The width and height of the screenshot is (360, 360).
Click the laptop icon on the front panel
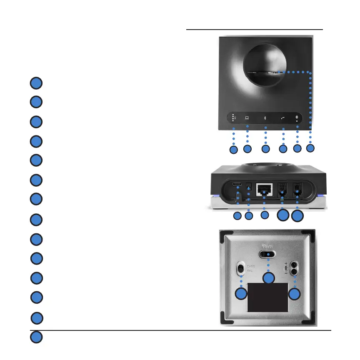[247, 118]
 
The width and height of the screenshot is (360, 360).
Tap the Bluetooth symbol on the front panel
[265, 118]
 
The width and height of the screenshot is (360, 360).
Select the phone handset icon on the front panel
[283, 118]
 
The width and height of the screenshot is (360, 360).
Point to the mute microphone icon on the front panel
[297, 117]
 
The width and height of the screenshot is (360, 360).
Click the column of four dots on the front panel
[233, 118]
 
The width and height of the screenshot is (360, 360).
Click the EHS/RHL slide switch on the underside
[241, 268]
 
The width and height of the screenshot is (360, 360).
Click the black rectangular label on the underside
[268, 297]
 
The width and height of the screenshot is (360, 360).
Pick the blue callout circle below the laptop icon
[247, 148]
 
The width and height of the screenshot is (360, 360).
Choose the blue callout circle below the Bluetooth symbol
[265, 148]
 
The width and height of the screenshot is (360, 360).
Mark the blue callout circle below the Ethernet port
[264, 216]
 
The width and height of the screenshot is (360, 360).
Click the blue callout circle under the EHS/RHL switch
[241, 294]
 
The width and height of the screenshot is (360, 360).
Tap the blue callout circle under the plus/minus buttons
[295, 294]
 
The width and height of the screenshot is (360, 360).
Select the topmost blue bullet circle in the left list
[37, 83]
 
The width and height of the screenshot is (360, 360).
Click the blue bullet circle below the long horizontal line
[37, 337]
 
